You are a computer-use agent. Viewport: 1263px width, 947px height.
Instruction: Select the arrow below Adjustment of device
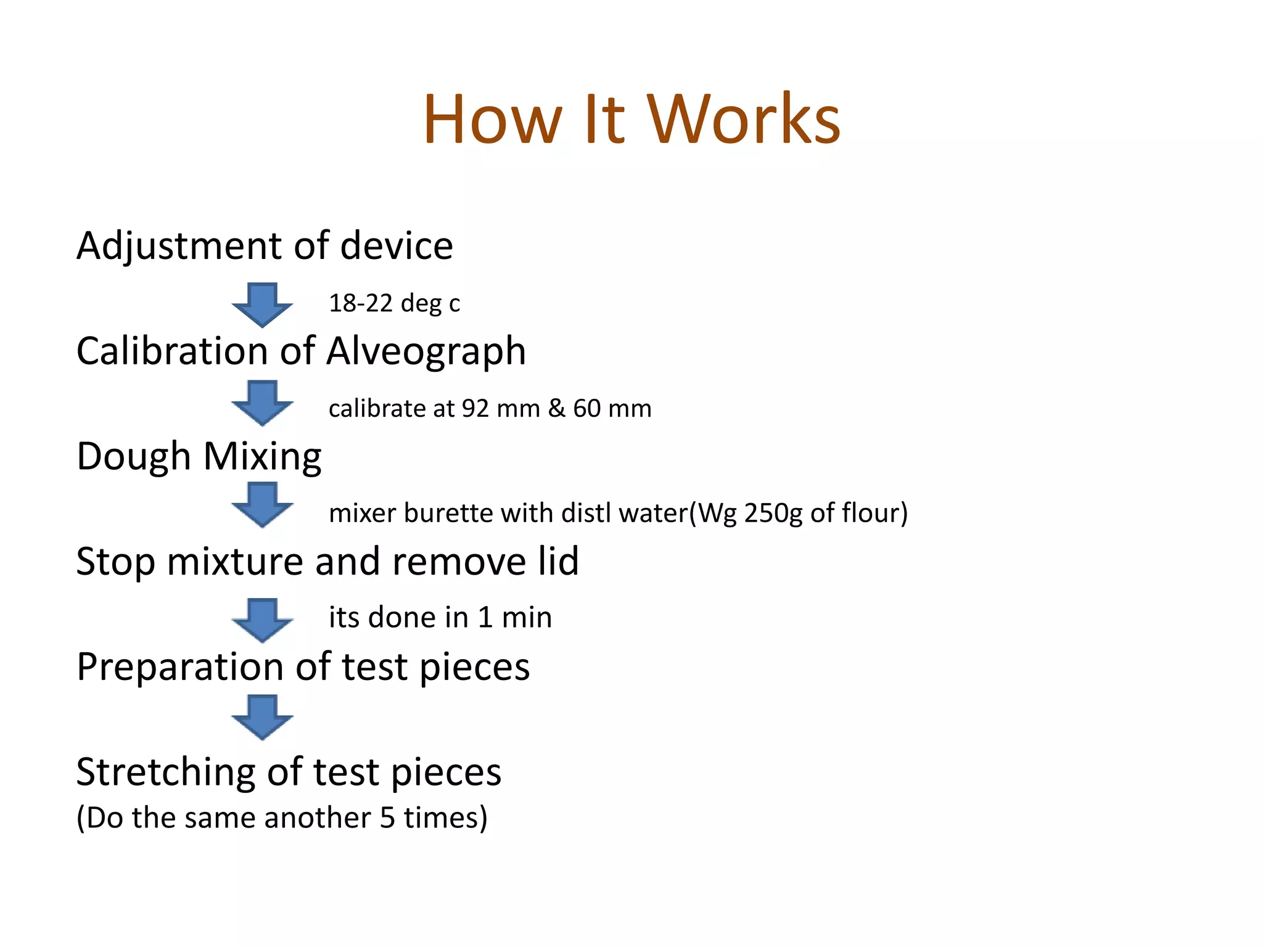[x=263, y=305]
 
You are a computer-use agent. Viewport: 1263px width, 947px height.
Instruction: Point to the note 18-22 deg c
[x=394, y=303]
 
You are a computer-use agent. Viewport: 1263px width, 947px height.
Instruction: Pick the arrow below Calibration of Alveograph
[x=263, y=403]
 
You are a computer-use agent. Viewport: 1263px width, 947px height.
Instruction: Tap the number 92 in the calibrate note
[x=475, y=408]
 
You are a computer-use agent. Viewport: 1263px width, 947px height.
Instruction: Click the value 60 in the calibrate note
[x=586, y=408]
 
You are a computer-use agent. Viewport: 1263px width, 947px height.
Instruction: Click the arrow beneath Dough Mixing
[x=263, y=505]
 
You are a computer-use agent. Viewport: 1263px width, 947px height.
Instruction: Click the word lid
[x=558, y=562]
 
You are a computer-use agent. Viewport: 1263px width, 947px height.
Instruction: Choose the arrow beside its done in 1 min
[x=263, y=620]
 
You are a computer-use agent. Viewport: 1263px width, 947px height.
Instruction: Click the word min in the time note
[x=527, y=617]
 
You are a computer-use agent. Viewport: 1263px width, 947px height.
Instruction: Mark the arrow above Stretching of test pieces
[x=263, y=717]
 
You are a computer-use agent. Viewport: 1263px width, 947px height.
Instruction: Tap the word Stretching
[x=166, y=773]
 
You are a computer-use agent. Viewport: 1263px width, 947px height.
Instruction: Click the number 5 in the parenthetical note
[x=387, y=818]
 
